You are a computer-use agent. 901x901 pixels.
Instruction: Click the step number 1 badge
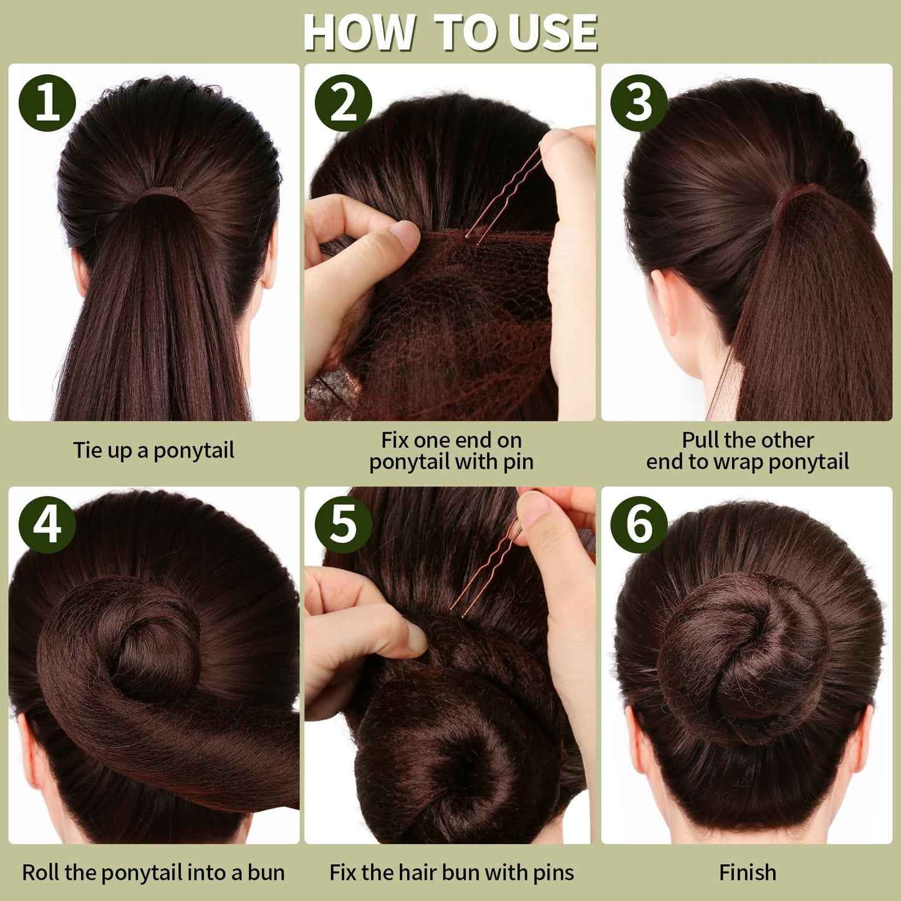[47, 102]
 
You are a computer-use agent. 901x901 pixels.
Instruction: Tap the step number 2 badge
[343, 102]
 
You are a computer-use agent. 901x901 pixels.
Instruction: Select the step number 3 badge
[639, 102]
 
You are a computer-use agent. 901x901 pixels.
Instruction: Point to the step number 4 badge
[47, 524]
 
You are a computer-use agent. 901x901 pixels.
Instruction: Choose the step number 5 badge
[343, 524]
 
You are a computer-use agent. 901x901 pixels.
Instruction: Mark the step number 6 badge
[639, 524]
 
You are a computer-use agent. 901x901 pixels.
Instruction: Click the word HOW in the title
[359, 32]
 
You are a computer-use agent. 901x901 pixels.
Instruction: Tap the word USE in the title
[553, 32]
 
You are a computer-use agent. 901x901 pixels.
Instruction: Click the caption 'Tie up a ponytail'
[154, 451]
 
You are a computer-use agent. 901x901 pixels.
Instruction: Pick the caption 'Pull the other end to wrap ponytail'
[747, 451]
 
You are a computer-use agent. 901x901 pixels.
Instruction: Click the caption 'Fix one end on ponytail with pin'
[451, 451]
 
